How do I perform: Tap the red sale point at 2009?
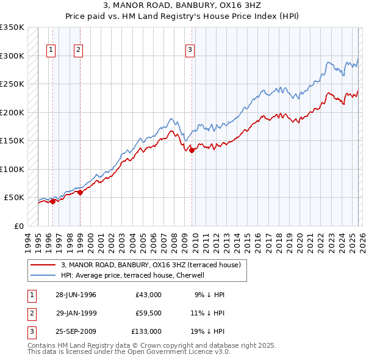tap(192, 150)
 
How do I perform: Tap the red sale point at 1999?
tap(80, 192)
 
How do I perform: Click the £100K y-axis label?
tap(12, 169)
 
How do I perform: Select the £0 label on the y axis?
tap(18, 226)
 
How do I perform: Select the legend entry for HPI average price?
tap(135, 275)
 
